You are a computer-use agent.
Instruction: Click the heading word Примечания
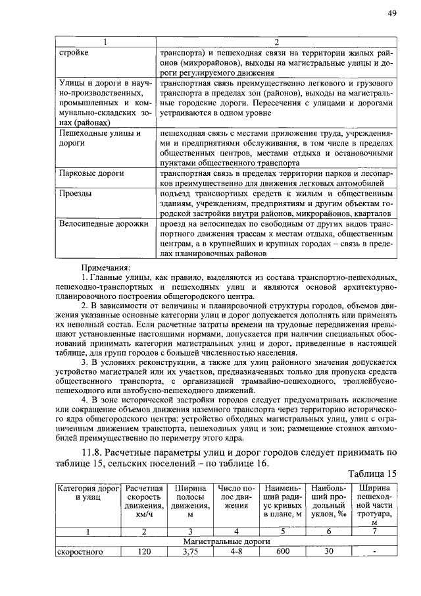[x=105, y=267]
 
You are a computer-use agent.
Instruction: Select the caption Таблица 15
[x=373, y=474]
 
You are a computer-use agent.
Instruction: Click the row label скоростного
[x=80, y=552]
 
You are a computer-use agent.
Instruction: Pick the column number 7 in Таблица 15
[x=374, y=531]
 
